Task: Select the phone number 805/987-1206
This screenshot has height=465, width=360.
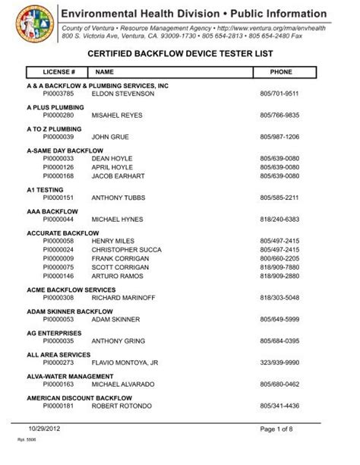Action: click(x=279, y=137)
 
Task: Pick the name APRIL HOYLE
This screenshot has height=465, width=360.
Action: click(x=111, y=166)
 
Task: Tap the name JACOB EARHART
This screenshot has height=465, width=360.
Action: click(x=117, y=176)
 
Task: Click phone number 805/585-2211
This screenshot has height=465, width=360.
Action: click(x=279, y=198)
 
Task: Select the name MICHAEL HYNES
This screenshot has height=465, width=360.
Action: click(x=117, y=220)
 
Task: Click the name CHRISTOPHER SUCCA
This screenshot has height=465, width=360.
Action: click(x=127, y=249)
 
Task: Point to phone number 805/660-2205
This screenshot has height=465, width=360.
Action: click(x=279, y=258)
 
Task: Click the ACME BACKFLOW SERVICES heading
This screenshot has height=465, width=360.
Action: click(x=71, y=289)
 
